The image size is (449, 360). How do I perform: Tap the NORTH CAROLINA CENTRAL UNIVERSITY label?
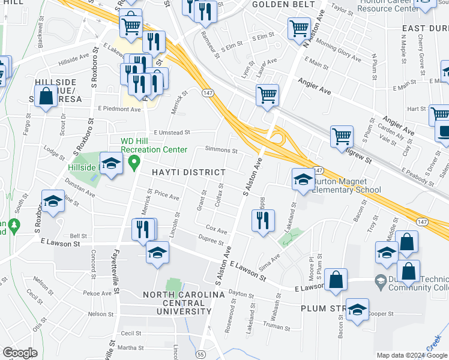pos(184,303)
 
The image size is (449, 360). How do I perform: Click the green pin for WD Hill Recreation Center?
pos(136,161)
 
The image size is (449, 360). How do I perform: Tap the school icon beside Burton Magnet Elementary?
pos(303,179)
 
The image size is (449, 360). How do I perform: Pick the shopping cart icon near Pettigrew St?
pos(342,136)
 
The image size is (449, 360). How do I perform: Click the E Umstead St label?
pos(171,133)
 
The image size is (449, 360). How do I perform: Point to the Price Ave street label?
pos(167,196)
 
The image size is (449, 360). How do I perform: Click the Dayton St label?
pos(238,293)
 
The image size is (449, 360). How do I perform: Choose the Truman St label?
pos(277,328)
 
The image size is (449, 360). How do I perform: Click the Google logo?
pos(20,353)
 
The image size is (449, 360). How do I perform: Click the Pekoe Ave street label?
pos(98,293)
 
